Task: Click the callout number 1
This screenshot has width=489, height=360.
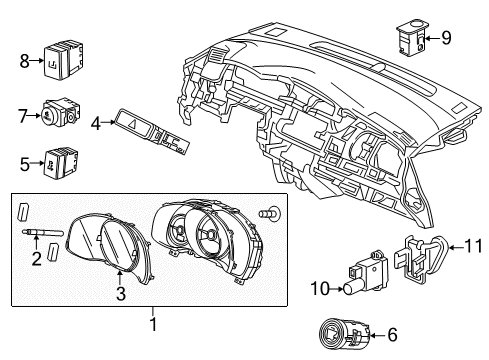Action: tap(154, 323)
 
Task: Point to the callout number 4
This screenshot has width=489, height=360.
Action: tap(96, 125)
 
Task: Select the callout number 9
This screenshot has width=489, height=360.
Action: tap(446, 39)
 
